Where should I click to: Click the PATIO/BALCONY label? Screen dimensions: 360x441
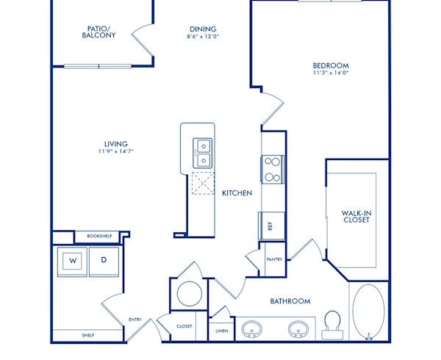pos(98,32)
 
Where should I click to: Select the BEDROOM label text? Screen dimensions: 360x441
pos(330,65)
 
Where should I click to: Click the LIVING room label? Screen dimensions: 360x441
pos(115,143)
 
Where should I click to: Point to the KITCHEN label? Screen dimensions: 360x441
pos(237,193)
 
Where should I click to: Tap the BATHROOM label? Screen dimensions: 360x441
pos(290,301)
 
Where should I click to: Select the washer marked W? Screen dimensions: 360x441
pos(73,260)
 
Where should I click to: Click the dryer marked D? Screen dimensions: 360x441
pos(104,260)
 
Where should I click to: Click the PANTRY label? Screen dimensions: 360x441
pos(274,259)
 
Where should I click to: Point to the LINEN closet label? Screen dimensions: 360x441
pos(221,331)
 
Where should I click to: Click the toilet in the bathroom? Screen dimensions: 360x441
pos(333,323)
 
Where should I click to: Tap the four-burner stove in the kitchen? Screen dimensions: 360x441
pos(272,169)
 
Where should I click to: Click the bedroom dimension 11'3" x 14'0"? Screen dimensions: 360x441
pos(330,73)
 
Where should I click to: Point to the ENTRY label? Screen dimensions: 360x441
pos(135,320)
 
